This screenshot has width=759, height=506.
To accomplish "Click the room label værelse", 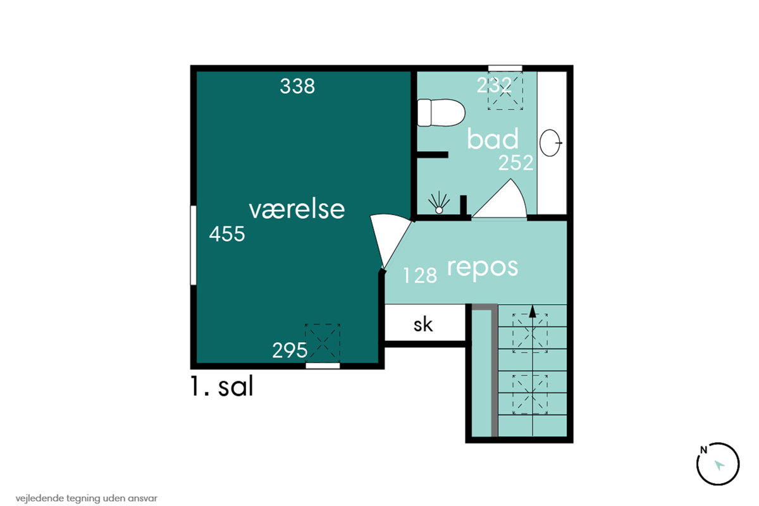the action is (297, 210).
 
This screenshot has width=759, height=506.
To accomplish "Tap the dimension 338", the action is (297, 86).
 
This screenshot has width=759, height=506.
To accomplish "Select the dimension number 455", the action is (226, 234).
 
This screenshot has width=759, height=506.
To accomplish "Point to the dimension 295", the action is (290, 350).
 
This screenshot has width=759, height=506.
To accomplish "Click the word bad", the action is (493, 139).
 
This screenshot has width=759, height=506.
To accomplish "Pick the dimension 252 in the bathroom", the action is (515, 163).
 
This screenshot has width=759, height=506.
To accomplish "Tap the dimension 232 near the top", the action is (494, 85).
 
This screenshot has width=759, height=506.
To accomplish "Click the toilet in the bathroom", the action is (441, 113).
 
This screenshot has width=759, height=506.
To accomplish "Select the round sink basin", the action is (550, 143).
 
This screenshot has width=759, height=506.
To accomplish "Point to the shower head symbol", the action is (439, 202).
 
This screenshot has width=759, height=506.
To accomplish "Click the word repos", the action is (483, 268).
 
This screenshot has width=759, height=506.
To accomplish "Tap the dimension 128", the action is (420, 276).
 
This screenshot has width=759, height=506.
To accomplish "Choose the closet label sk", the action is (423, 324).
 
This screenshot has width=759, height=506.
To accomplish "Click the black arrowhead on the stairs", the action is (533, 311).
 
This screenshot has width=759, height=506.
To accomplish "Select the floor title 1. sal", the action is (222, 386).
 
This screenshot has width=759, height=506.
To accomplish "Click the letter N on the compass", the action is (703, 450).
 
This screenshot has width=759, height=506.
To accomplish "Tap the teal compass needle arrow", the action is (719, 465).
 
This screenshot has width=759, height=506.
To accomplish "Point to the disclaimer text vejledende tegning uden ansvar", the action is (87, 498).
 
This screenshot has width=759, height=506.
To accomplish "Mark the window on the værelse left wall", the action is (193, 245).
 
